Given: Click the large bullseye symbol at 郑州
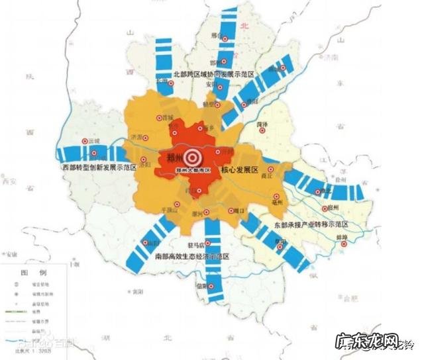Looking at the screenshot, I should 193,157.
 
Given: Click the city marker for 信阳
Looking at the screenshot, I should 212,287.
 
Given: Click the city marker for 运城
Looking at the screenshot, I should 83,141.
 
